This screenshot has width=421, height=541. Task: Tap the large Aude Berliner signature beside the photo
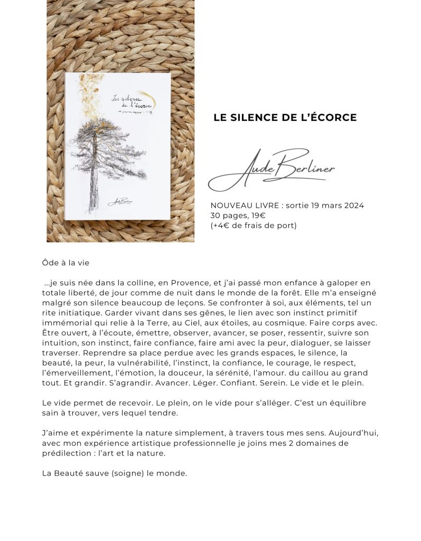click(x=272, y=170)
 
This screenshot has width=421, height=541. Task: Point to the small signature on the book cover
click(x=120, y=201)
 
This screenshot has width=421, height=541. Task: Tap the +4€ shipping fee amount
click(x=220, y=226)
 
